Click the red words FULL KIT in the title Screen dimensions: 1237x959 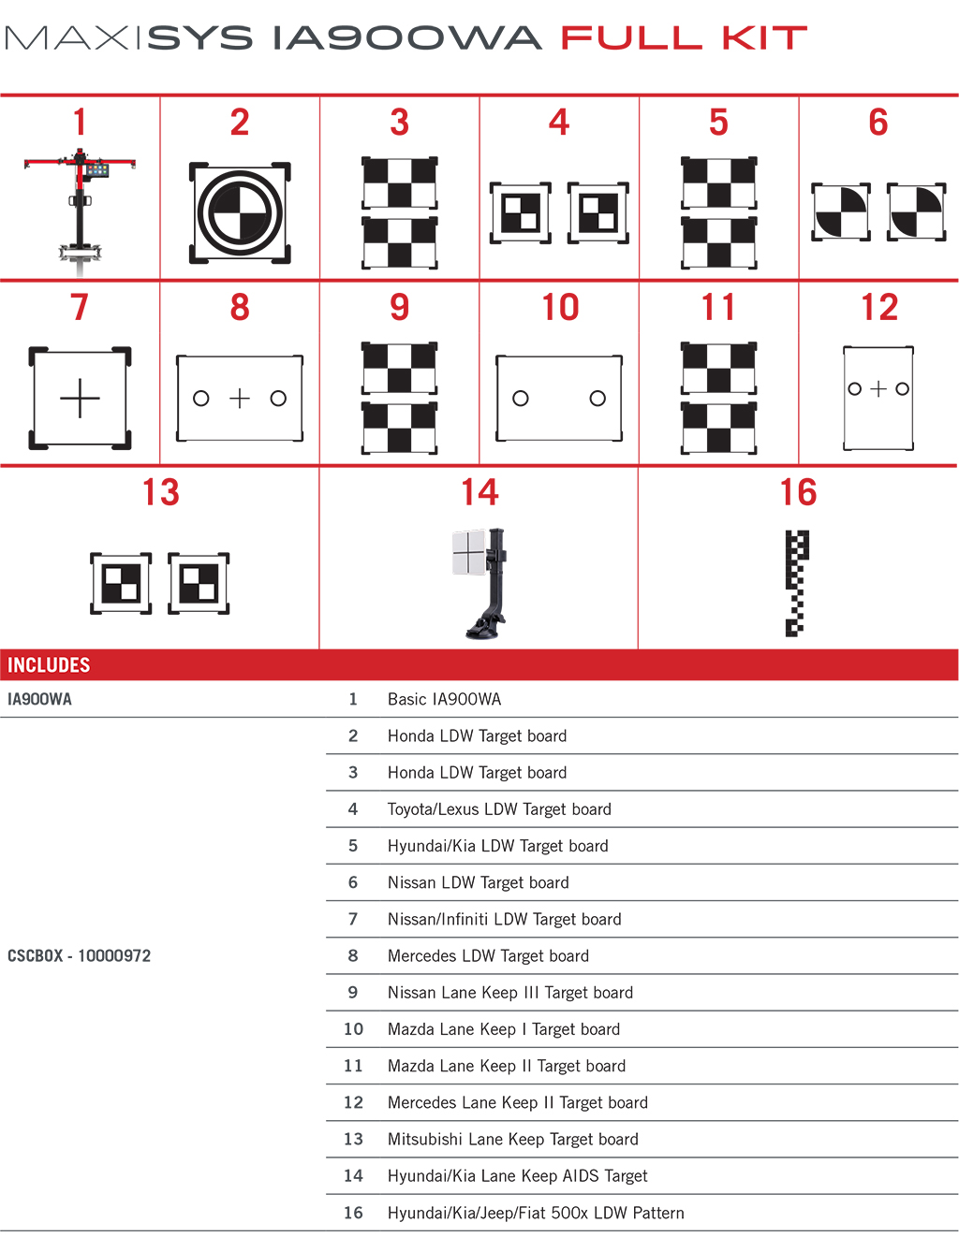click(684, 38)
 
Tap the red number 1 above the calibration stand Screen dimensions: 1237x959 click(81, 123)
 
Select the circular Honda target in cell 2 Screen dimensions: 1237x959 click(240, 213)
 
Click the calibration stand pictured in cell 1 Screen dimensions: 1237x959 click(81, 210)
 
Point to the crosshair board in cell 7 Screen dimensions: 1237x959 click(81, 399)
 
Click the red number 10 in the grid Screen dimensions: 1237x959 click(560, 308)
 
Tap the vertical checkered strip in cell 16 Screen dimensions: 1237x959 click(796, 583)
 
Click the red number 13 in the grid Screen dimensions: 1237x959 click(161, 493)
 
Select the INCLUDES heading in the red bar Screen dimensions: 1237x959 click(49, 665)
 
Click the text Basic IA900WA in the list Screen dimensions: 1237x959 click(444, 699)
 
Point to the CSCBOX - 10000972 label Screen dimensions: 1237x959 click(79, 955)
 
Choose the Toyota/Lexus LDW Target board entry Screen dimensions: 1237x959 click(499, 809)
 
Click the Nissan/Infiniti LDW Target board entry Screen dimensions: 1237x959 click(504, 919)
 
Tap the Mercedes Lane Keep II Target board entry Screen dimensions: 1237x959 click(517, 1102)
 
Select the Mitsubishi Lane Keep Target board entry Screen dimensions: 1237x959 click(512, 1139)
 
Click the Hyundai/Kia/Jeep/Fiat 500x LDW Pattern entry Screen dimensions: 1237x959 click(536, 1213)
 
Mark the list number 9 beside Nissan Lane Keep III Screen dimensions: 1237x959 click(353, 992)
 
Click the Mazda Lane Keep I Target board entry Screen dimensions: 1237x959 click(503, 1029)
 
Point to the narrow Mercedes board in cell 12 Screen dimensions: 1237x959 click(878, 399)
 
